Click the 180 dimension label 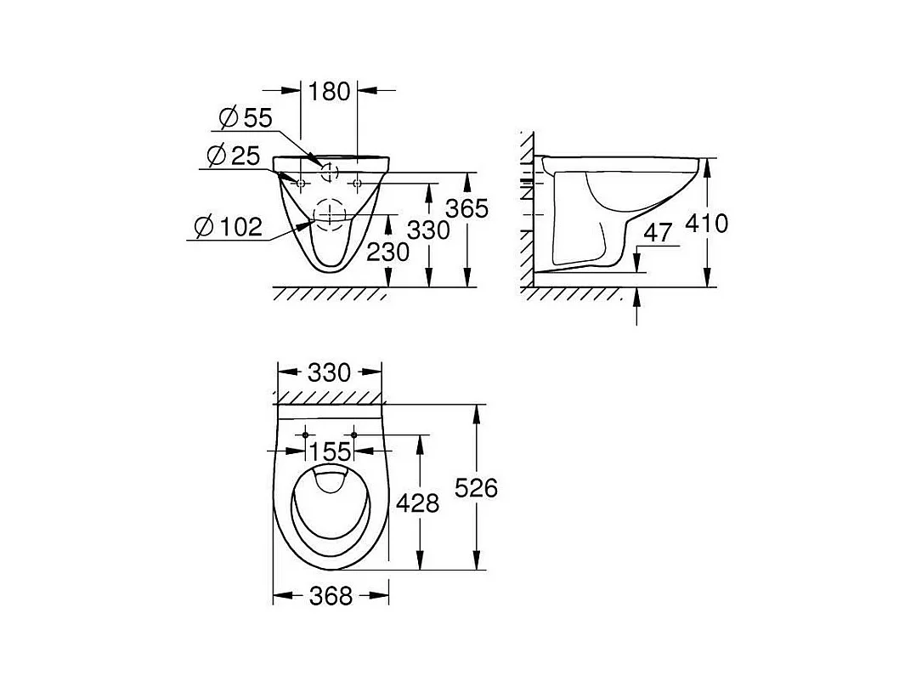tap(329, 91)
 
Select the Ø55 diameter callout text tap(246, 118)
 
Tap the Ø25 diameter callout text tap(234, 156)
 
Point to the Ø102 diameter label tap(229, 226)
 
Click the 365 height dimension tap(466, 208)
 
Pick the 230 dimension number tap(387, 252)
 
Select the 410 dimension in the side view tap(707, 224)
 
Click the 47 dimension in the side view tap(659, 233)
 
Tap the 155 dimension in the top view tap(331, 452)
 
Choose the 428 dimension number tap(418, 502)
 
